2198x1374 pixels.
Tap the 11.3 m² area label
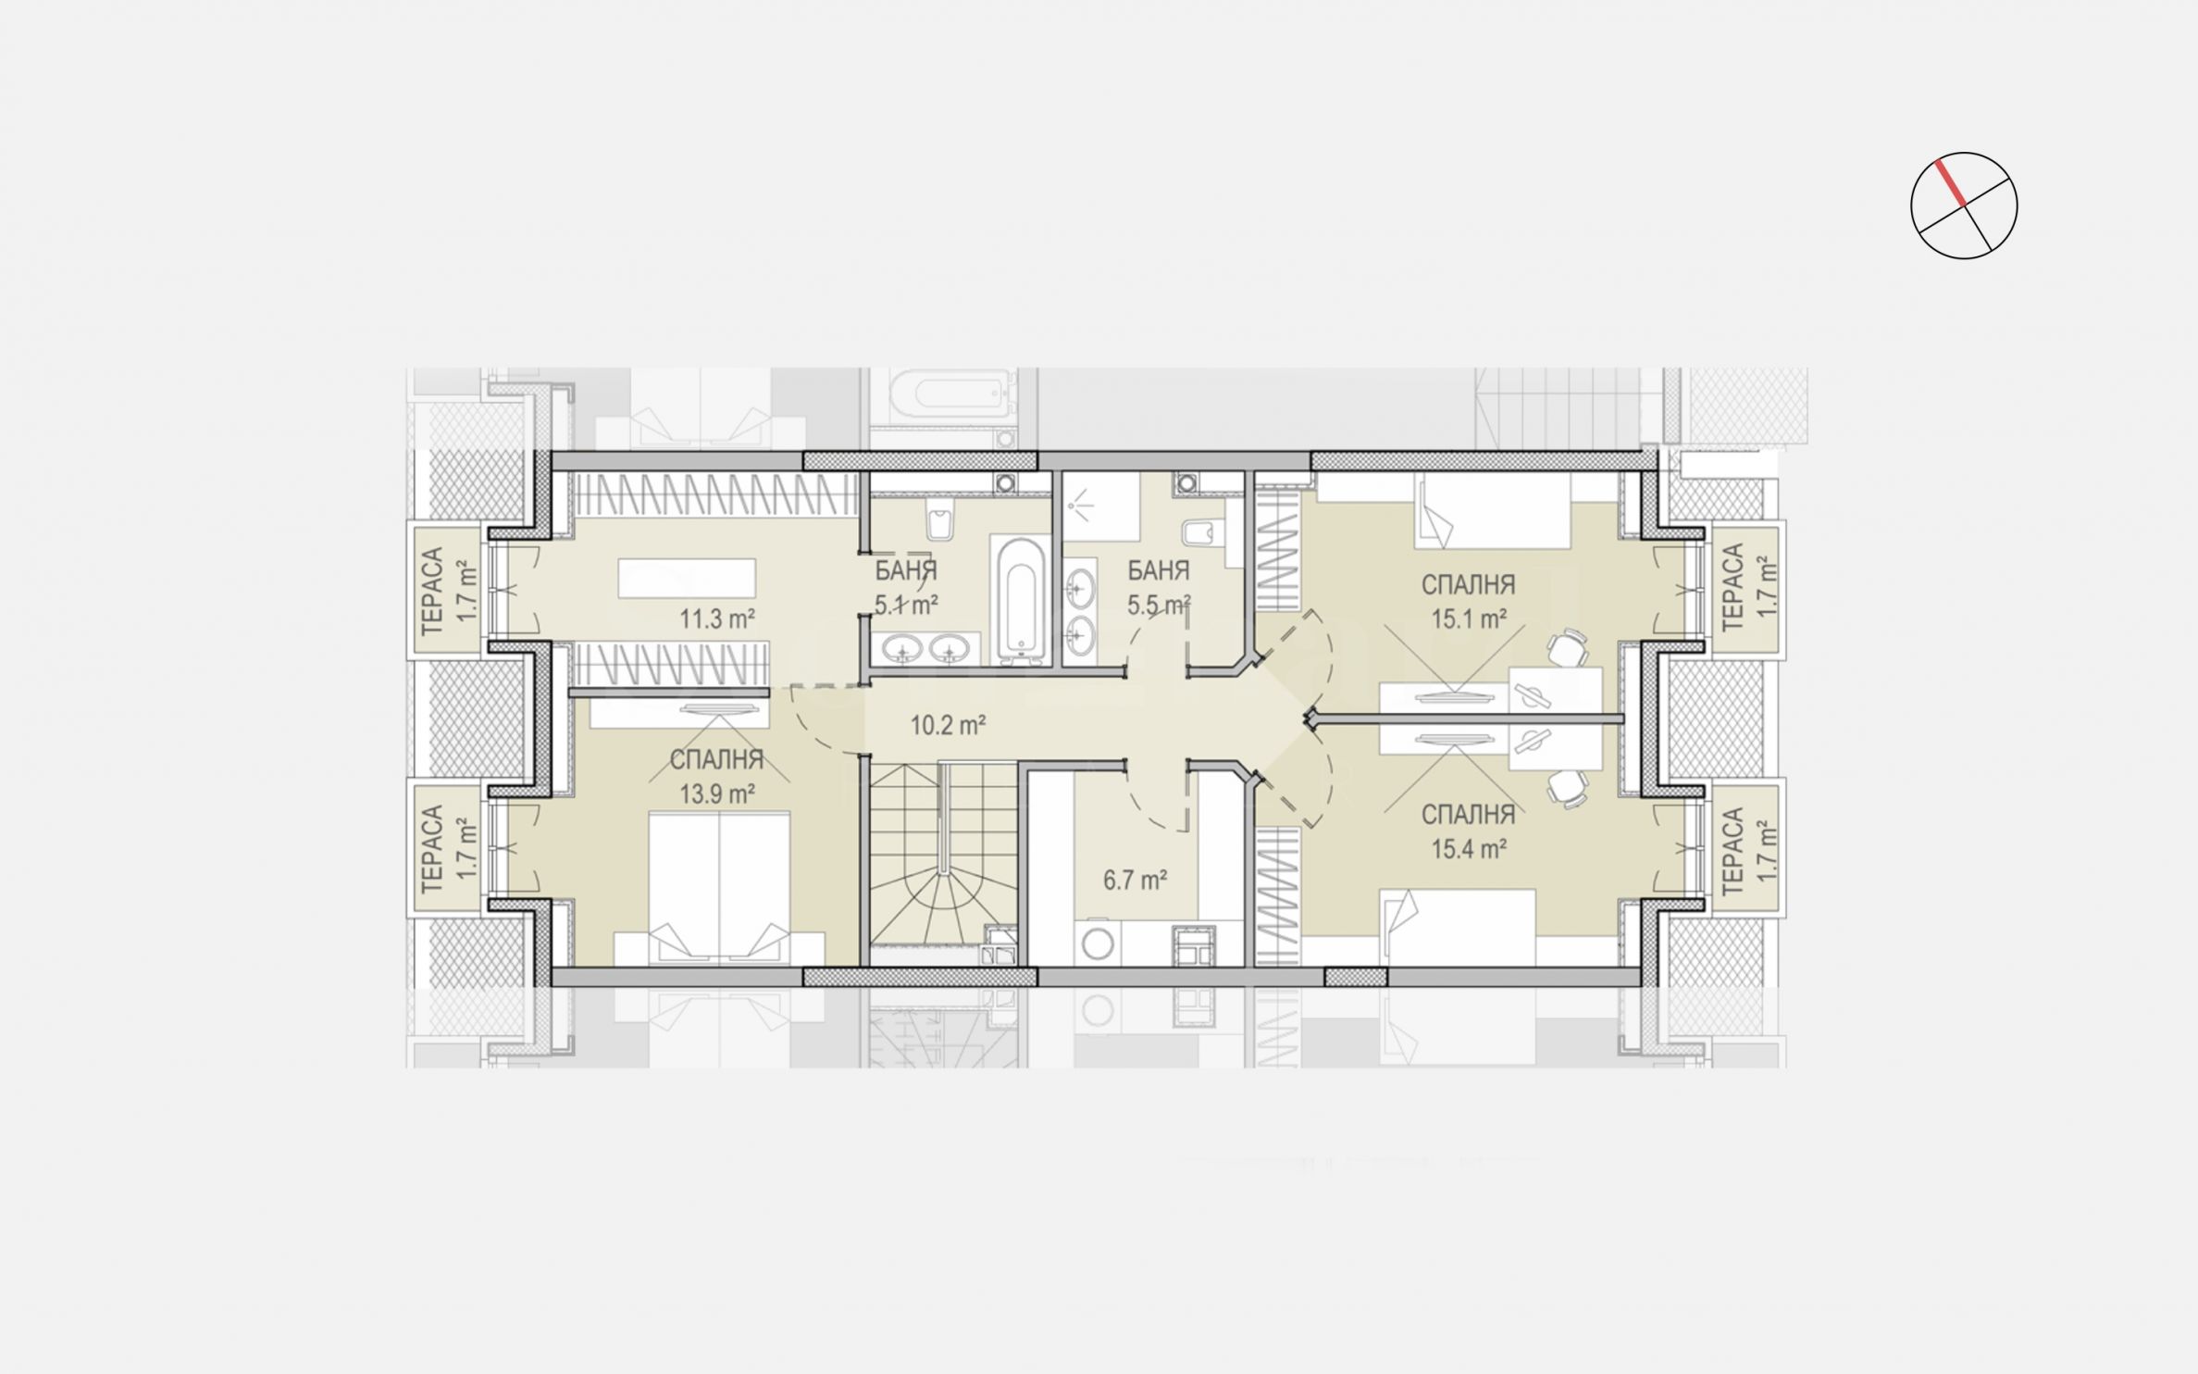[x=717, y=619]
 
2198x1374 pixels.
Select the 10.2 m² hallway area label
[x=947, y=725]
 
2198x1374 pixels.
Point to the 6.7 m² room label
[x=1135, y=880]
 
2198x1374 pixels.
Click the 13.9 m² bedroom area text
[x=717, y=793]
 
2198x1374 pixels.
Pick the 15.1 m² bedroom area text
[x=1469, y=618]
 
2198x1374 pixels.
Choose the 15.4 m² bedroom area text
[x=1469, y=848]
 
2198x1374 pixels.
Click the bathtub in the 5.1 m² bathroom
[x=1020, y=599]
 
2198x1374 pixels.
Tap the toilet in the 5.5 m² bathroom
[x=1202, y=533]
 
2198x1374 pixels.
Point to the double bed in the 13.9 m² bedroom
[x=720, y=888]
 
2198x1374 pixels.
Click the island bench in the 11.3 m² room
[x=686, y=578]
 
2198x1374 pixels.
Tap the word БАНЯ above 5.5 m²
[x=1158, y=571]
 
